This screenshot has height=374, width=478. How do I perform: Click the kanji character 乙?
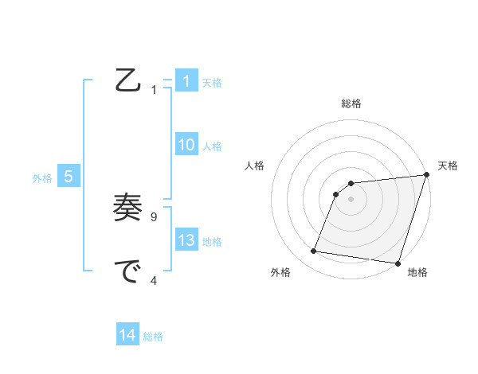point(128,81)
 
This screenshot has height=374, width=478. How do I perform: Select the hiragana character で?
point(128,272)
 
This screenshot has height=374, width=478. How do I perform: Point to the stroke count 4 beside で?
point(154,279)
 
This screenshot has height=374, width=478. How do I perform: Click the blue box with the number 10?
point(186,145)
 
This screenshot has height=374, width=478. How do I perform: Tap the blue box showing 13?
point(186,240)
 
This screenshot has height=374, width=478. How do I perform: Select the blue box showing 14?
point(127,335)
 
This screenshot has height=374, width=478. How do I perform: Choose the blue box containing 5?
point(69,177)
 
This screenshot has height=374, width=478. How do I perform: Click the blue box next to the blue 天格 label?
point(186,81)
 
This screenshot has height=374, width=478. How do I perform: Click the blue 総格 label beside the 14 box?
point(153,337)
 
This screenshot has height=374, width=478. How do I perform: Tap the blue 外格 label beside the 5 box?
point(42,178)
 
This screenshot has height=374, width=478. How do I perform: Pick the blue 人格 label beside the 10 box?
point(212,146)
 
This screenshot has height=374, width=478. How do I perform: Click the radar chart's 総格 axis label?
point(351,103)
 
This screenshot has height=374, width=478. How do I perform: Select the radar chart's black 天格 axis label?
point(448,166)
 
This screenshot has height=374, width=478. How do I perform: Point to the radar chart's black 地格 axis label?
point(417,273)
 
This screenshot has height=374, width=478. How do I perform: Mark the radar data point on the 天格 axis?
point(426,175)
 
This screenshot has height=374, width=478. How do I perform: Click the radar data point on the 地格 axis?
point(397,263)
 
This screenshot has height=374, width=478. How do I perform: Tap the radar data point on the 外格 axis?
point(314,251)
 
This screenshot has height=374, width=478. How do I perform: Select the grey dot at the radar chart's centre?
point(351,199)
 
